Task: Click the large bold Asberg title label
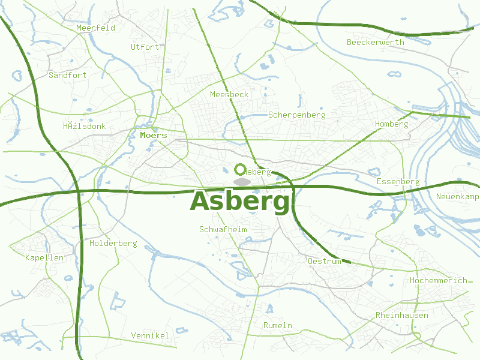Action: (x=240, y=202)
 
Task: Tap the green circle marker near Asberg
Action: (x=241, y=170)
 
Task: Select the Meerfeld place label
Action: (x=95, y=28)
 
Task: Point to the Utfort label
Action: (x=145, y=47)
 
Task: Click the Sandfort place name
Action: (x=68, y=76)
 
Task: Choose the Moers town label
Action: (x=153, y=136)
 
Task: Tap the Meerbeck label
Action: (x=229, y=95)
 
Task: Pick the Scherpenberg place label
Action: (x=297, y=115)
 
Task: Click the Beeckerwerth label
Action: (x=376, y=43)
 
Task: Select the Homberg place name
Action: (x=391, y=124)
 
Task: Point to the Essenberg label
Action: (x=398, y=182)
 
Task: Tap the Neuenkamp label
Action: (x=458, y=197)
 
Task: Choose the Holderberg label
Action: (x=113, y=244)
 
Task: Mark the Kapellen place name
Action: (x=44, y=257)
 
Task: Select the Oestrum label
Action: (x=324, y=262)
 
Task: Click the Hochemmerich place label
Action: (x=439, y=281)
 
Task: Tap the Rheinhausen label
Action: (x=402, y=316)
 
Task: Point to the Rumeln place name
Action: (x=278, y=325)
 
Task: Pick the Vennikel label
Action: (x=150, y=335)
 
